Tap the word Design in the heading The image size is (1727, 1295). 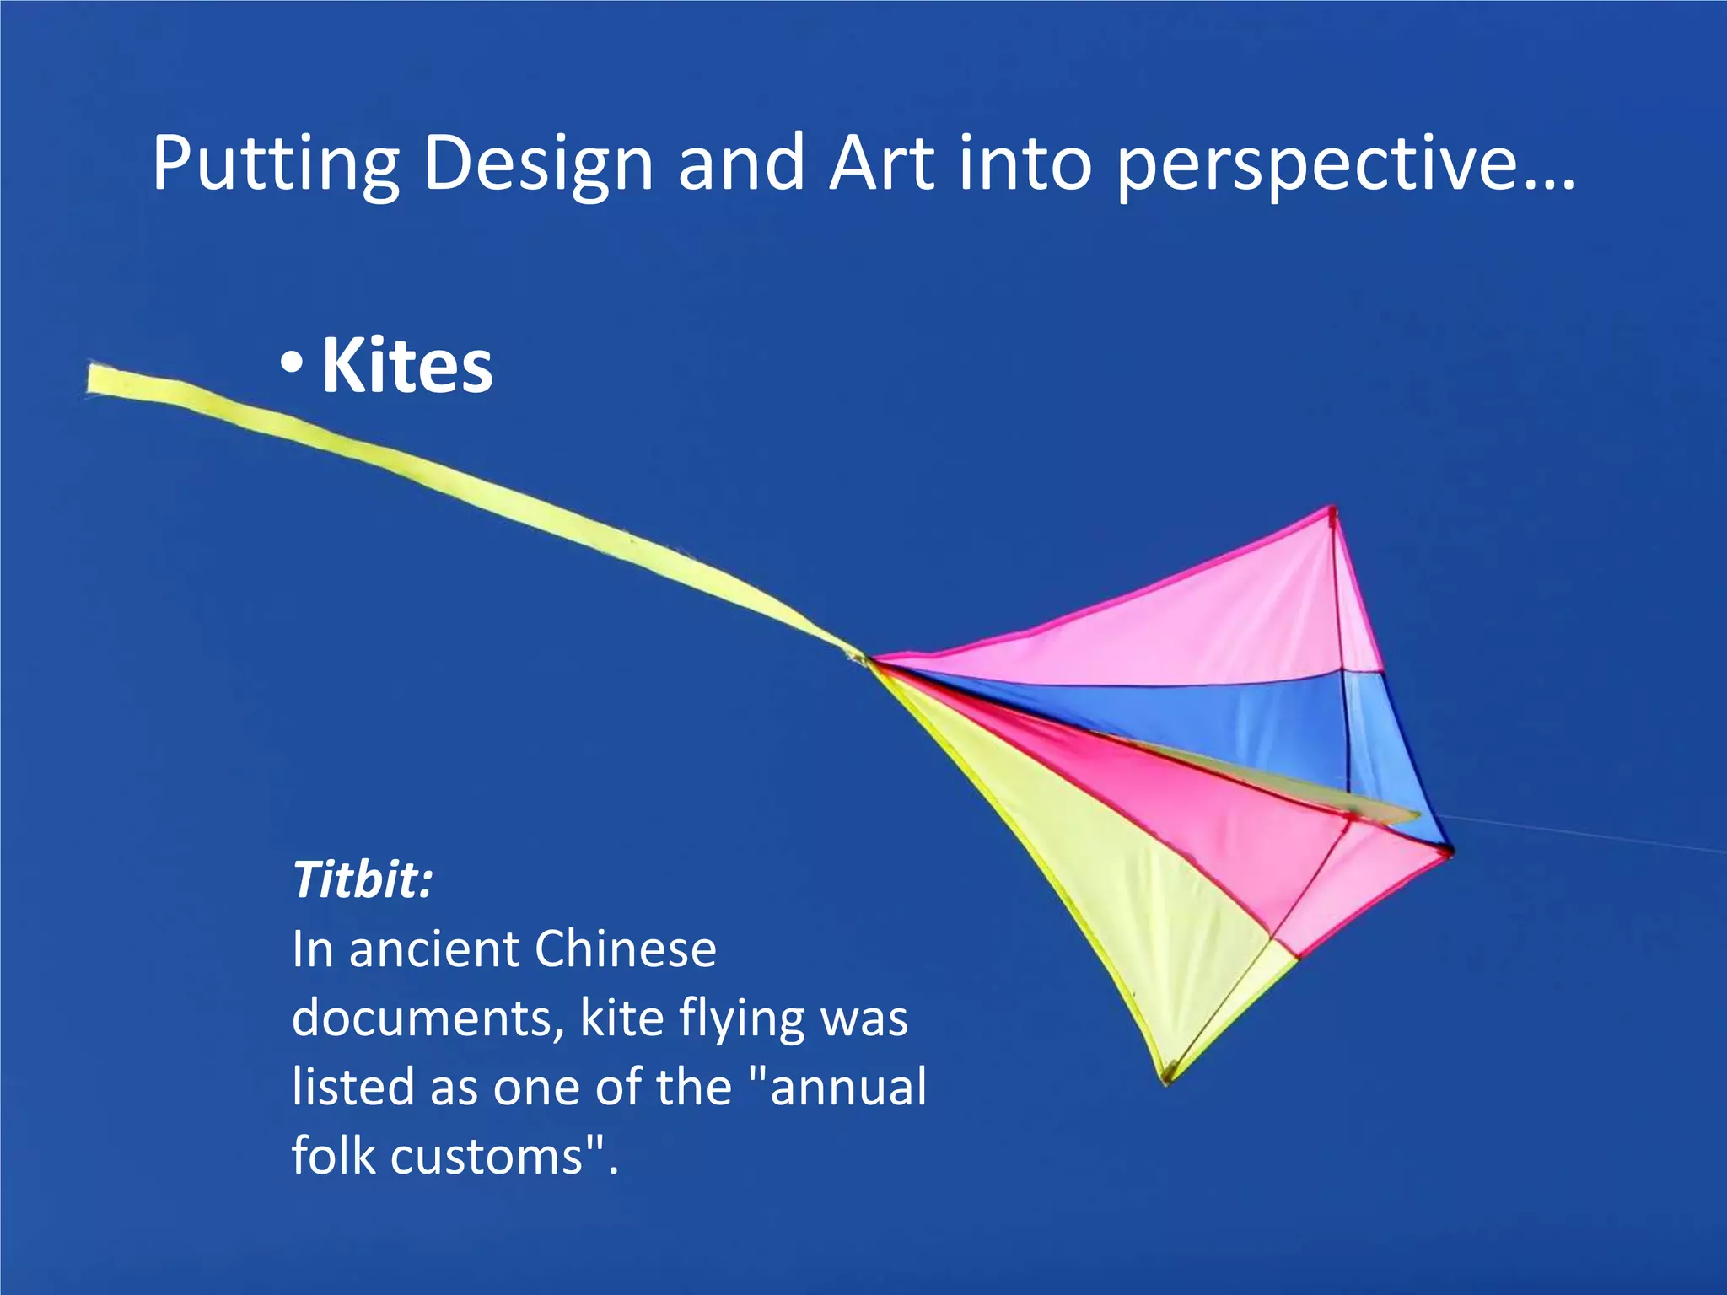(x=538, y=164)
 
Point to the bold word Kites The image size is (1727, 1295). (x=407, y=366)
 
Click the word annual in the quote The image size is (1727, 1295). (x=847, y=1087)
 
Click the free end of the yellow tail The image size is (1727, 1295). (x=93, y=379)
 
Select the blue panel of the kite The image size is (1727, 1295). (x=1223, y=717)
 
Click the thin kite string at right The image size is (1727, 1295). (x=1585, y=834)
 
